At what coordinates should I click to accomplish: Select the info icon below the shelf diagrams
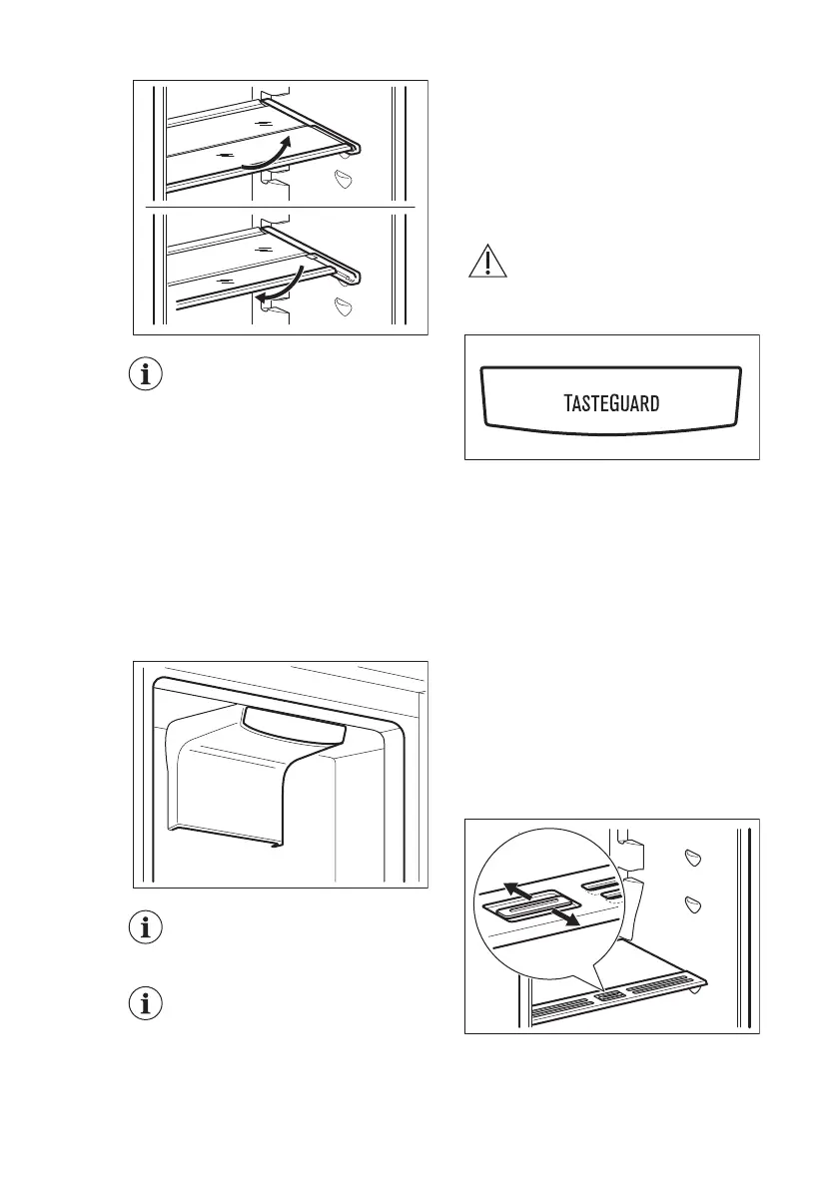[147, 376]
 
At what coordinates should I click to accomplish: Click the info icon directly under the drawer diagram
[147, 927]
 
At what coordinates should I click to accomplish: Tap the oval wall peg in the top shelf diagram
[346, 180]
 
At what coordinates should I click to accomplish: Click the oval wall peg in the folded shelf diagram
[346, 304]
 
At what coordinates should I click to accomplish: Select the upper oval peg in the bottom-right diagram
[692, 859]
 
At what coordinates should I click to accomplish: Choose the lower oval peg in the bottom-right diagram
[692, 904]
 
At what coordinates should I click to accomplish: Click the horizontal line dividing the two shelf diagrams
[281, 205]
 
